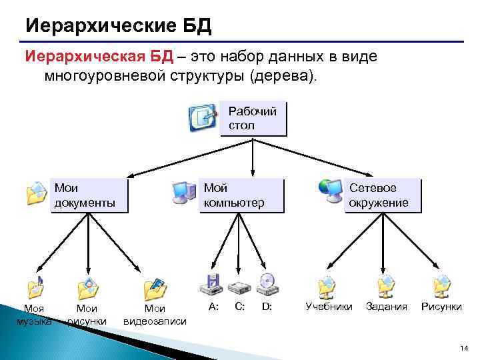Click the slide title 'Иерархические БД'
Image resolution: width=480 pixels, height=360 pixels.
[x=118, y=26]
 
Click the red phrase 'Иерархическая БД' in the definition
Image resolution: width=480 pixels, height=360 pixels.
[x=99, y=57]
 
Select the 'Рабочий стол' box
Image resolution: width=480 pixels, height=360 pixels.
[x=253, y=118]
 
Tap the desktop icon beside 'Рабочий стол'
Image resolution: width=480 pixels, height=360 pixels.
[x=203, y=117]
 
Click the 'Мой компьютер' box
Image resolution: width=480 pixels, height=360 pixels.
[x=242, y=195]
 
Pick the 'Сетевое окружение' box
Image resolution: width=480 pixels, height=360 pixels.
[x=383, y=195]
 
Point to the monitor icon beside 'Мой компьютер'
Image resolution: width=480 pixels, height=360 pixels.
[x=183, y=192]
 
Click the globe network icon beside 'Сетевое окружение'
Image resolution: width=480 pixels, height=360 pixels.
[x=329, y=191]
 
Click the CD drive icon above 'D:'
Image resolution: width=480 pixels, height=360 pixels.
[x=267, y=284]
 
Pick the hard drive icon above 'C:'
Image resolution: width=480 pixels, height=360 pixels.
[x=239, y=287]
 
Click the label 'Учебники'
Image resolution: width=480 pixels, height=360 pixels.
[x=329, y=307]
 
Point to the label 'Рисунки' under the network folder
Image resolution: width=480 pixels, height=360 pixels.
[x=441, y=307]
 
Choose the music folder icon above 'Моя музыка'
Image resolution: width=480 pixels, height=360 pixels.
[x=35, y=287]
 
